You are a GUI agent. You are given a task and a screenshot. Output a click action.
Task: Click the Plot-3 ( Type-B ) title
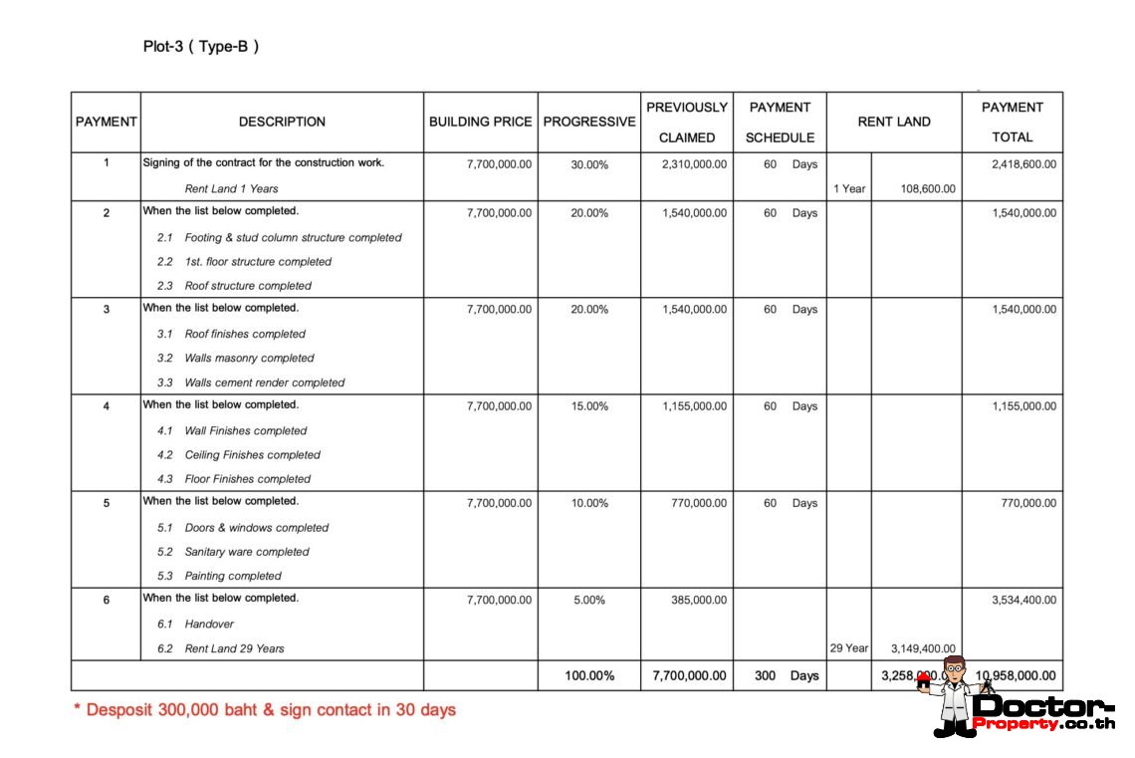click(x=201, y=47)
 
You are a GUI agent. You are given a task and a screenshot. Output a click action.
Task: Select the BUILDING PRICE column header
click(x=480, y=122)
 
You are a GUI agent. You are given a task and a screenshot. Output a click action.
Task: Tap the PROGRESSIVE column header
click(x=588, y=122)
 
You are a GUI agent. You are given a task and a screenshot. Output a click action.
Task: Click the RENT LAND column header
click(x=893, y=122)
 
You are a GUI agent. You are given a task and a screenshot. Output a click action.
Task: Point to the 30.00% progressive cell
click(x=588, y=164)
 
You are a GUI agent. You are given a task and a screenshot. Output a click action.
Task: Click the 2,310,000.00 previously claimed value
click(x=694, y=164)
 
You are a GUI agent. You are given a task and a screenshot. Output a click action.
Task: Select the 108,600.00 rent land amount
click(x=928, y=188)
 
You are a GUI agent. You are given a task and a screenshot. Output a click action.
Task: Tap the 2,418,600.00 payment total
click(x=1023, y=164)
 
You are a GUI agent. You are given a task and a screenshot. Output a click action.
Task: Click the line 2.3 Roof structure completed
click(x=234, y=286)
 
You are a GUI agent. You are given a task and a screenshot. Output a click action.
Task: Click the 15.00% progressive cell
click(x=588, y=406)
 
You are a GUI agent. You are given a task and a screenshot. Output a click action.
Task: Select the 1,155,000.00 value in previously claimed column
click(x=694, y=406)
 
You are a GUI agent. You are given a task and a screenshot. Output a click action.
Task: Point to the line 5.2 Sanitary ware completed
click(x=233, y=552)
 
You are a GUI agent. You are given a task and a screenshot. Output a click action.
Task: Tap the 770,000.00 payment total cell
click(x=1028, y=503)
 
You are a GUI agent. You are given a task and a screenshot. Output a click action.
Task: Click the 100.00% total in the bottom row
click(x=588, y=675)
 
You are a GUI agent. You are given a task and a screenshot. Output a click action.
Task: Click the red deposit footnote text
click(x=265, y=710)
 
